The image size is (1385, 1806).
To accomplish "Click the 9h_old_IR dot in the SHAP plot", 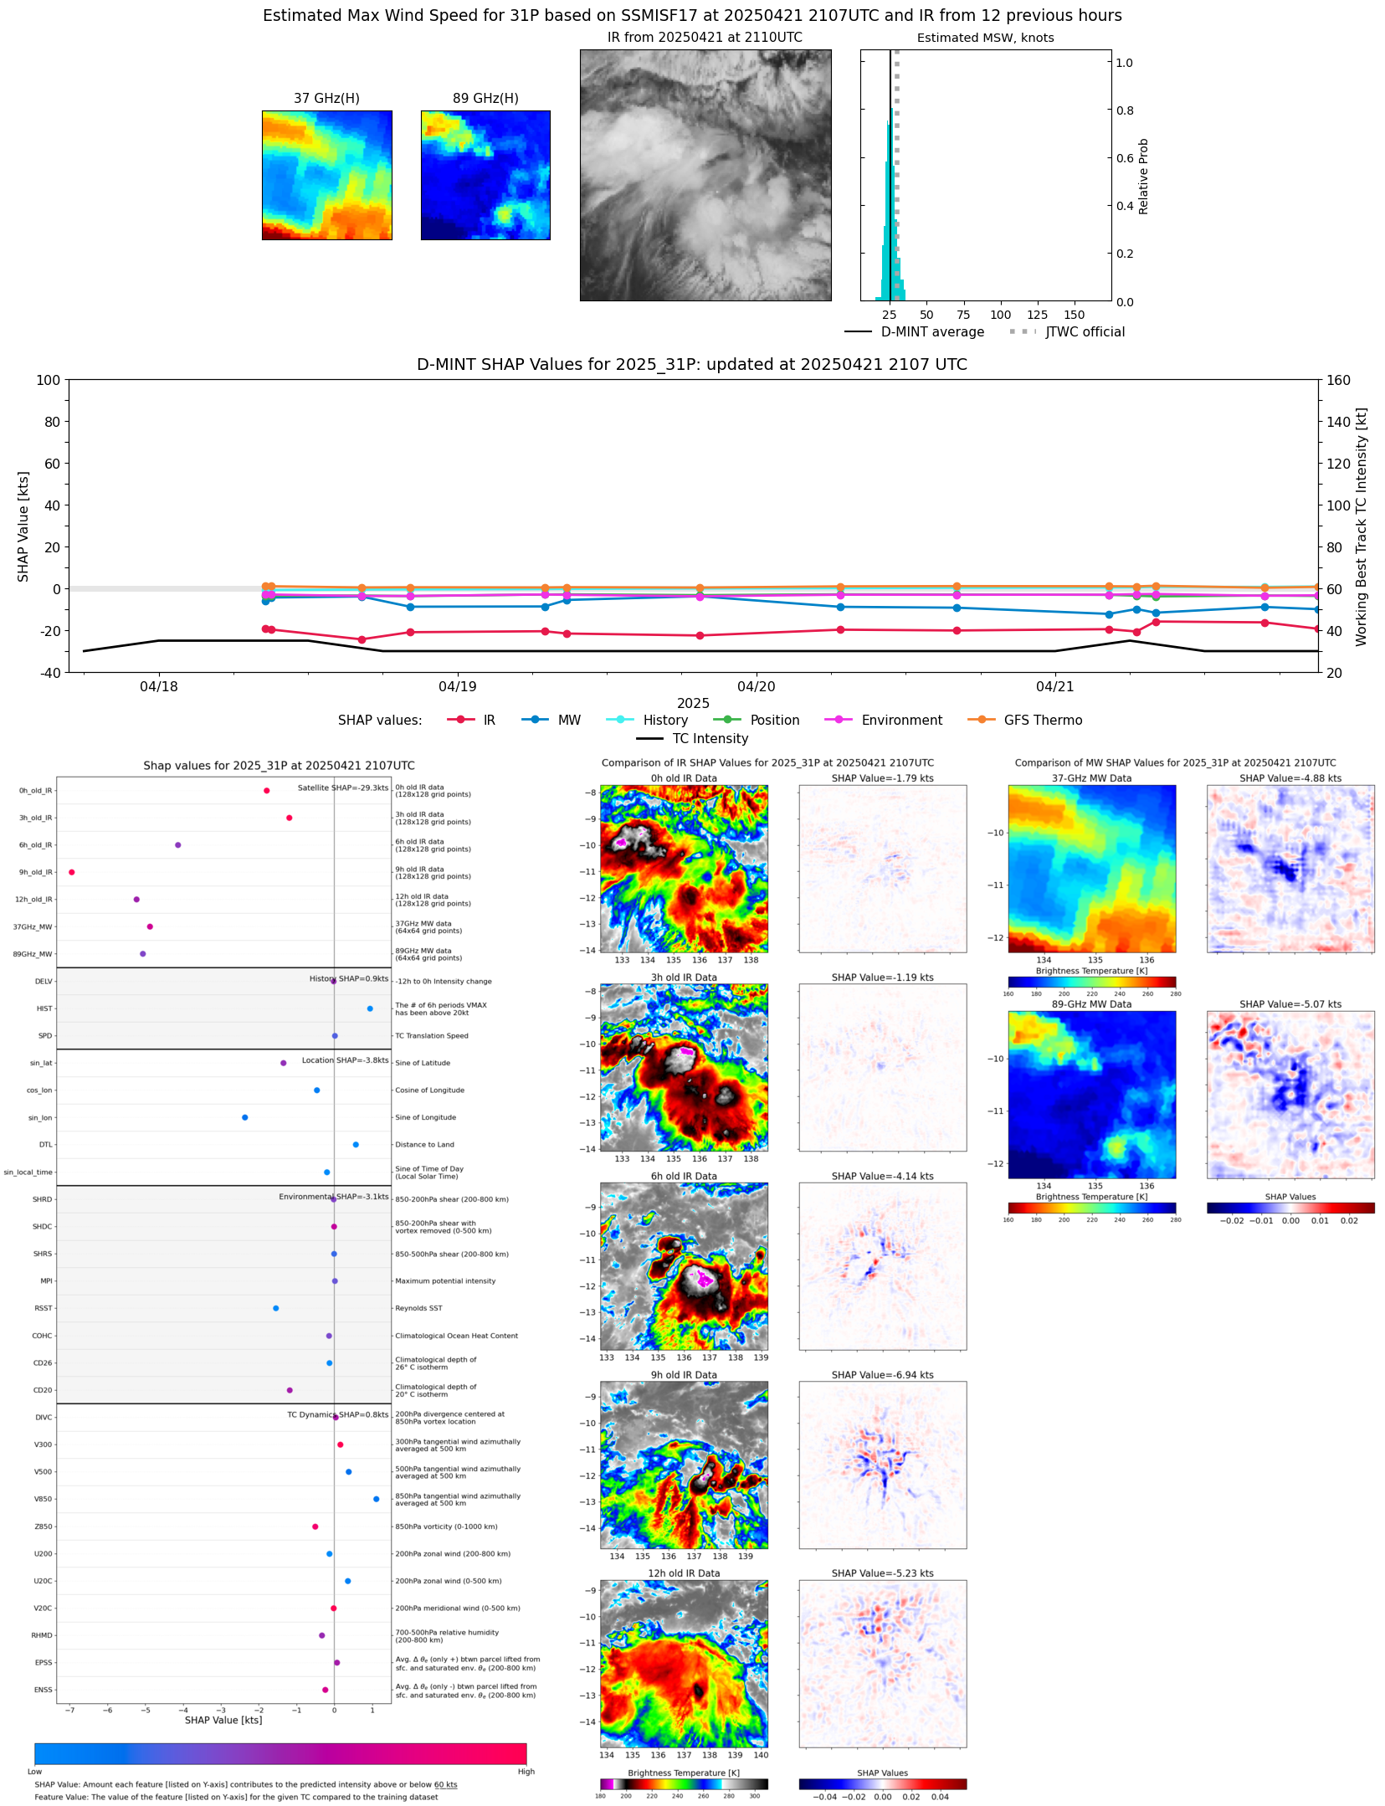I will [x=72, y=872].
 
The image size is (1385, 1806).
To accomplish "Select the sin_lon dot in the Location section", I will [x=245, y=1117].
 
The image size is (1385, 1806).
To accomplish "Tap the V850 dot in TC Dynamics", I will [x=376, y=1499].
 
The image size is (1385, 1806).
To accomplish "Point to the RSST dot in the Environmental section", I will [x=276, y=1308].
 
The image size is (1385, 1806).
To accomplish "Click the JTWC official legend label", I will [x=1085, y=331].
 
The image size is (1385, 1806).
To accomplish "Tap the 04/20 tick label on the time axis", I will [x=756, y=686].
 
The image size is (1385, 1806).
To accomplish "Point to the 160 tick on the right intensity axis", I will [x=1338, y=380].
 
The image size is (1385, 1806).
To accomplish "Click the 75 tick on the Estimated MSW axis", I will [x=963, y=315].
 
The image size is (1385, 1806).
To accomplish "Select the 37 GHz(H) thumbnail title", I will [x=326, y=99].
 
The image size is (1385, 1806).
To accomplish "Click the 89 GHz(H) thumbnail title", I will [x=485, y=99].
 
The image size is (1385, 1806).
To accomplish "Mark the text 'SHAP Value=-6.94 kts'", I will [x=882, y=1375].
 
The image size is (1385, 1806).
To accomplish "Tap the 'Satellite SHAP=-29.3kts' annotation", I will [x=343, y=788].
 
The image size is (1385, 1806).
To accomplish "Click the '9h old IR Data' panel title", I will [x=684, y=1375].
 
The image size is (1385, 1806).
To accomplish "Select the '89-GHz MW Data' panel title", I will [x=1091, y=1004].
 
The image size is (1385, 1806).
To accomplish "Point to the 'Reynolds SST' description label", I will [x=418, y=1308].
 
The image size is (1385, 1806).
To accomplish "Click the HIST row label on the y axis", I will [x=44, y=1008].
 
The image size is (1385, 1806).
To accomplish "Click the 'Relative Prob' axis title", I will [x=1143, y=176].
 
